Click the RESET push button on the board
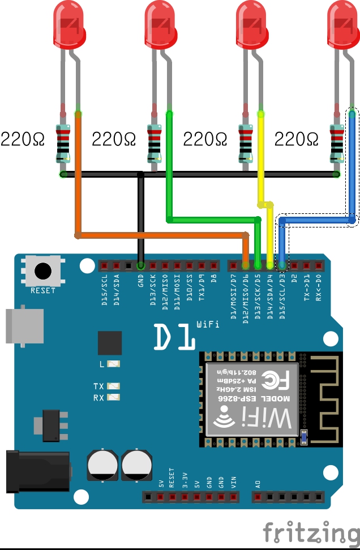(x=42, y=270)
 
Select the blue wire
(x=352, y=170)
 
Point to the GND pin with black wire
(x=141, y=265)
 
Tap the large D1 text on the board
(x=174, y=337)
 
